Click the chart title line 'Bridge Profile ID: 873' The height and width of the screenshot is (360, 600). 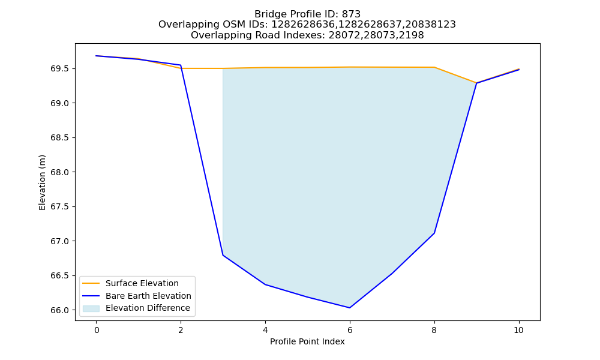click(307, 14)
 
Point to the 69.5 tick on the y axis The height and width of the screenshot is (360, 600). click(60, 69)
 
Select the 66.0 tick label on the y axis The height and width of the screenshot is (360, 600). click(60, 310)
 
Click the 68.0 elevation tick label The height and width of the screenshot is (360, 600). click(60, 173)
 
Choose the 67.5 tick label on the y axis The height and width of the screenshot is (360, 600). click(60, 207)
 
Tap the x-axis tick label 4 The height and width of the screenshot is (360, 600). click(265, 330)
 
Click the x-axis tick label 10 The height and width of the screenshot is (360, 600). click(518, 330)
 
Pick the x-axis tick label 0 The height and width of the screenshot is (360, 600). click(97, 330)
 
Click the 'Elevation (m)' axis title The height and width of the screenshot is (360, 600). click(42, 182)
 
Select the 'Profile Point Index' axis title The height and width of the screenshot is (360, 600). click(307, 341)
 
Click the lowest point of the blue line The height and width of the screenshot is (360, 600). click(349, 308)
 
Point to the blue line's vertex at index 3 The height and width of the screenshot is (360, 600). click(223, 255)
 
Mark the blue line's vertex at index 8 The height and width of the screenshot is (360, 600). click(434, 233)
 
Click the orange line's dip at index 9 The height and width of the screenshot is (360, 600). click(476, 83)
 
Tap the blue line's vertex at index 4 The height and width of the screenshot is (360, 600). click(265, 284)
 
